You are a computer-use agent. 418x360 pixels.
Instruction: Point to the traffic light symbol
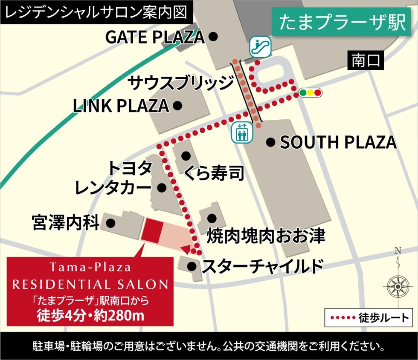pos(311,92)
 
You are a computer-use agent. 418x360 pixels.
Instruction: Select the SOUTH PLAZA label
pos(338,143)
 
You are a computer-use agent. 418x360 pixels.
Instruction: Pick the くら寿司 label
pos(214,173)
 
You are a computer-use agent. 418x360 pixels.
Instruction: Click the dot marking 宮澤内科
pos(111,222)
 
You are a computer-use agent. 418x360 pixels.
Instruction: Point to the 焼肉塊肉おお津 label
pos(266,235)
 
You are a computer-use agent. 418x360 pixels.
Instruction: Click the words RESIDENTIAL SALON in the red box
pos(90,284)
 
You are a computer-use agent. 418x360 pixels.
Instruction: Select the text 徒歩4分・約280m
pos(90,316)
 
